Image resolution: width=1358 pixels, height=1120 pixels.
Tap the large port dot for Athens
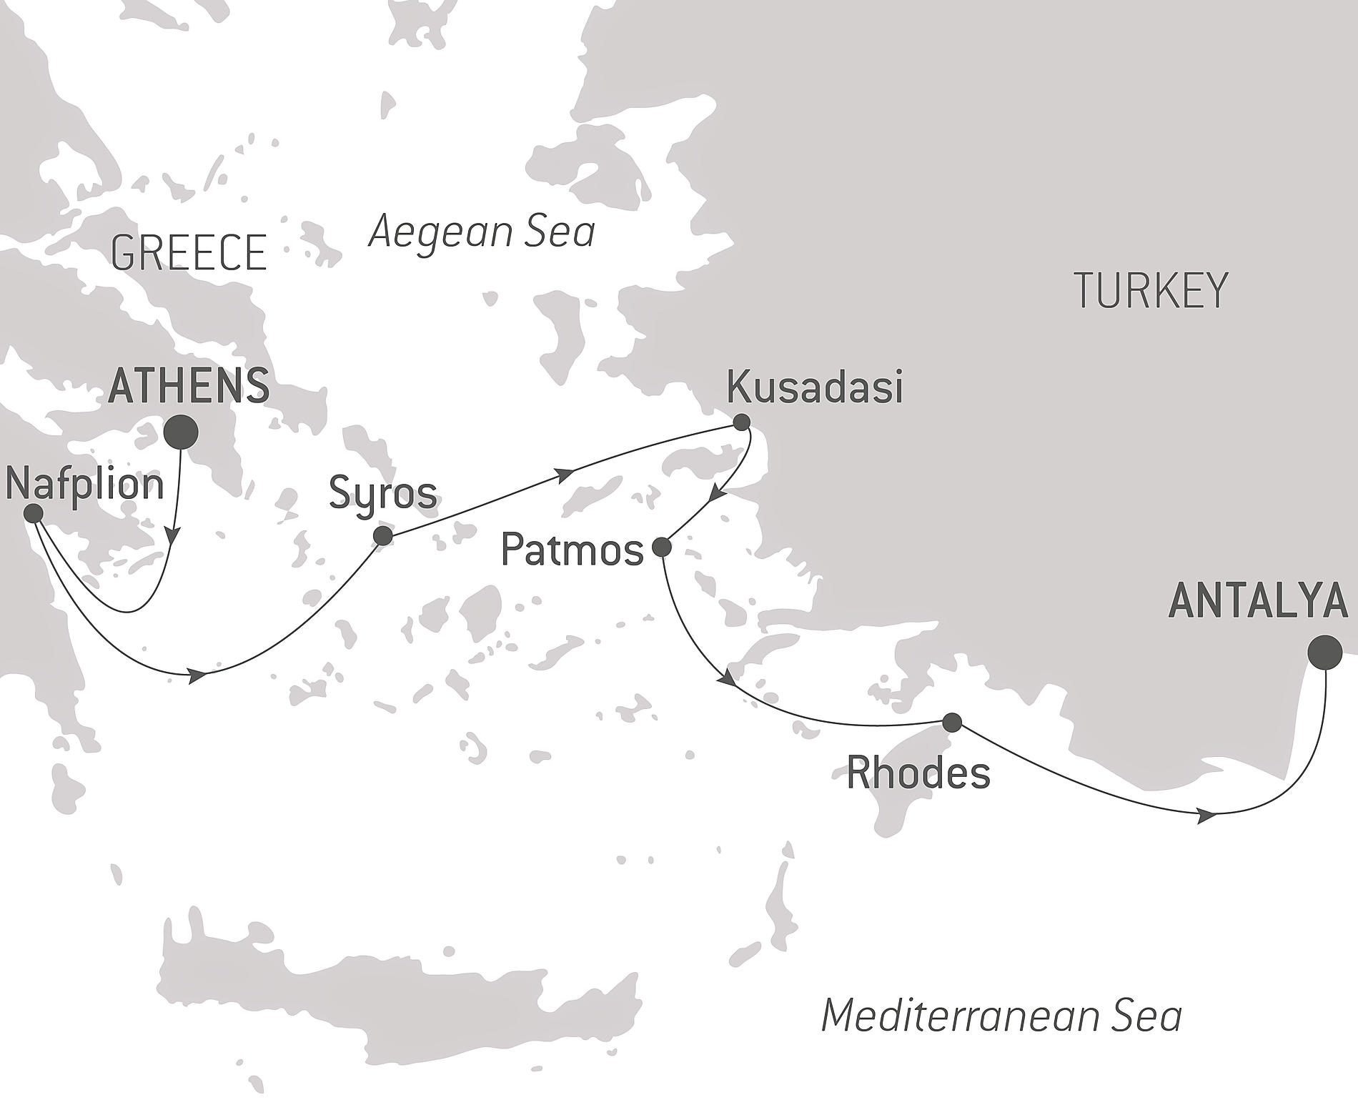(x=181, y=432)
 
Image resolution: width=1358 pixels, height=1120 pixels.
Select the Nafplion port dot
(x=33, y=513)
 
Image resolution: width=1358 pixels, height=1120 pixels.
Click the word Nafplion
(x=84, y=484)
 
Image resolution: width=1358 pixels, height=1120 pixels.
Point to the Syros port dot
(x=383, y=536)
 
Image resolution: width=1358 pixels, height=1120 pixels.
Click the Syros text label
(x=382, y=494)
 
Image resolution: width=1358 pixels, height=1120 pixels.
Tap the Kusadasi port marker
(x=742, y=422)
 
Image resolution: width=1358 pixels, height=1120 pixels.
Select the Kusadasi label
(x=814, y=388)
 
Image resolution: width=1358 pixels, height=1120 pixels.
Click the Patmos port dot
(x=662, y=548)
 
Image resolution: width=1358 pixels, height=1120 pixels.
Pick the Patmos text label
(x=572, y=550)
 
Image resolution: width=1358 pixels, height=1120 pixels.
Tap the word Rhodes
(x=918, y=773)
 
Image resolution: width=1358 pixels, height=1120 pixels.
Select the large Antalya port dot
(x=1324, y=652)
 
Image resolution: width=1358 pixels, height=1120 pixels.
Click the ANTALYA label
(x=1257, y=601)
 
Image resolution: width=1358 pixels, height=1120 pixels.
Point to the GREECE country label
(x=189, y=252)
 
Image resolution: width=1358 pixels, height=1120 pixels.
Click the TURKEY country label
(x=1150, y=290)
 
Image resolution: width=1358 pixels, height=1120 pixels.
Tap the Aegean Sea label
(x=481, y=232)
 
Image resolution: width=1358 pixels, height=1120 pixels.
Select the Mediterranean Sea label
(x=1001, y=1016)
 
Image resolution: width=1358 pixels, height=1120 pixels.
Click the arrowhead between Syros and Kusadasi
(x=565, y=474)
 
